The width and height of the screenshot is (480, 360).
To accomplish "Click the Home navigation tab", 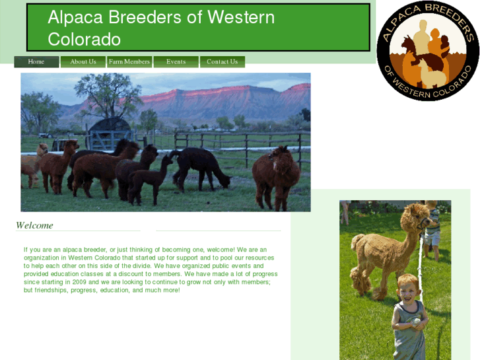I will click(x=36, y=62).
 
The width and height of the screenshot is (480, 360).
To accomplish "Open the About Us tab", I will click(x=83, y=62).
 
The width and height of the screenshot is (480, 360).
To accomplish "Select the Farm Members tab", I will click(x=129, y=62).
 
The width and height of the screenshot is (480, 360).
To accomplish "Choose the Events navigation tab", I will click(x=176, y=62).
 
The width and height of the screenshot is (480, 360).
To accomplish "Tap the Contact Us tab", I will click(x=222, y=62).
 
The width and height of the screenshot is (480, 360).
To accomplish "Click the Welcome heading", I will click(x=34, y=226).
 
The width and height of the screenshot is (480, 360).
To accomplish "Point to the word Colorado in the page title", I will click(x=84, y=40).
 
